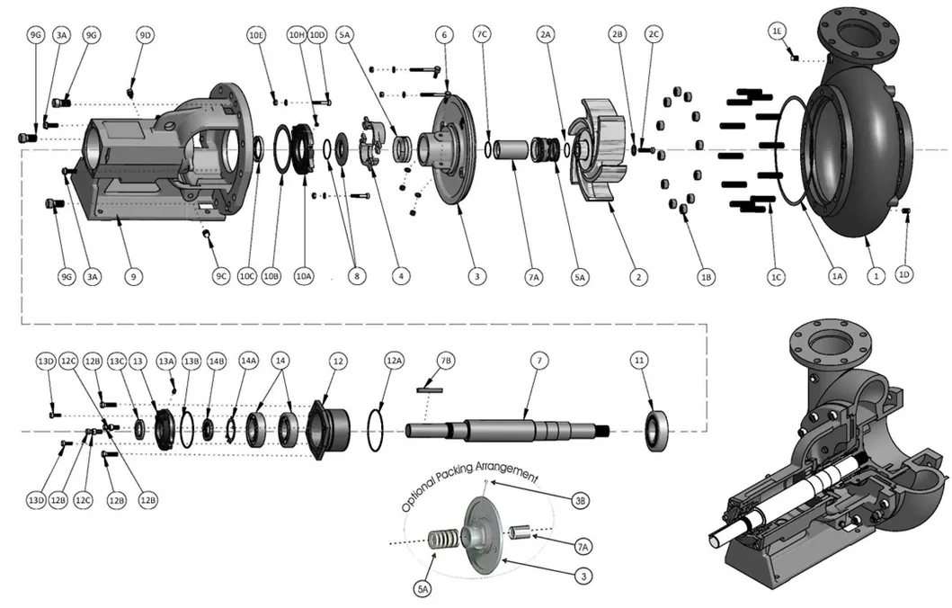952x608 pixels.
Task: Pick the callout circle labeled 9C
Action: tap(221, 276)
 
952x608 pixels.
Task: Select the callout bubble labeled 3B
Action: tap(581, 500)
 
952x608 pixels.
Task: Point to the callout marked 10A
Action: tap(303, 276)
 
